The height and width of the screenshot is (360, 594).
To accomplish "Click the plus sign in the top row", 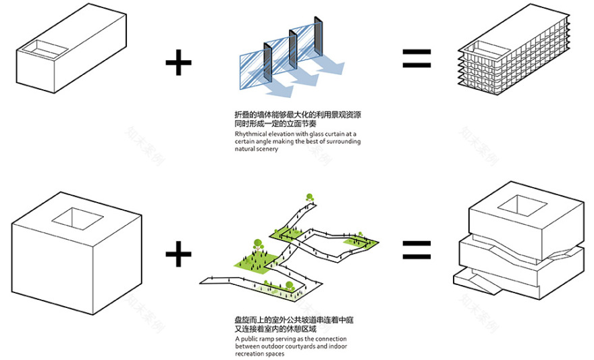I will click(178, 65).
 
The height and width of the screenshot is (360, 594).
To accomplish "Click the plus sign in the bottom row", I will click(178, 255).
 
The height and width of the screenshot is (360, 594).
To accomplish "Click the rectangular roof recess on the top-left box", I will click(42, 49).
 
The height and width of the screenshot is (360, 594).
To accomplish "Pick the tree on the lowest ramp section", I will click(289, 288).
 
